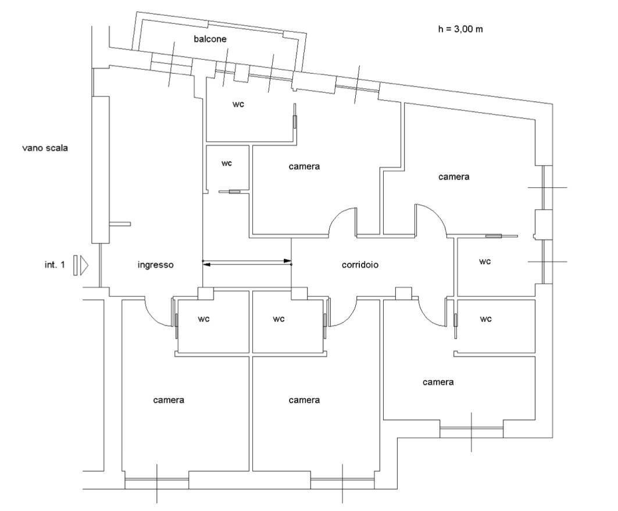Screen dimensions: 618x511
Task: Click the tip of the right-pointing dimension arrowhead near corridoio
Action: pyautogui.click(x=291, y=260)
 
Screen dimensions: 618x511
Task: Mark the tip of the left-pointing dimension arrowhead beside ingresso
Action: pyautogui.click(x=202, y=265)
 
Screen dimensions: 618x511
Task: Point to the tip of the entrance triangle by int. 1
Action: pyautogui.click(x=88, y=265)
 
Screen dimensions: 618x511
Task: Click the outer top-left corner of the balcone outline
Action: pyautogui.click(x=136, y=12)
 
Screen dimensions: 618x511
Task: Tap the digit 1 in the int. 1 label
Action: pyautogui.click(x=62, y=265)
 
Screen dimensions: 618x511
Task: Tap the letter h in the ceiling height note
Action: pyautogui.click(x=441, y=28)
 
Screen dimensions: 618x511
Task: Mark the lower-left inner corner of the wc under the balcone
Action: pyautogui.click(x=208, y=141)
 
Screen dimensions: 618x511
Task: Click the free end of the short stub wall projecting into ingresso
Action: pyautogui.click(x=130, y=224)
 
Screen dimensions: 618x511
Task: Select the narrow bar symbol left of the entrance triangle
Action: pyautogui.click(x=75, y=265)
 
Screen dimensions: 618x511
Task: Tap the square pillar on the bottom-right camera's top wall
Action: pyautogui.click(x=403, y=294)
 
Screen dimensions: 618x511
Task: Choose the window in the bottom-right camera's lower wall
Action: pyautogui.click(x=471, y=432)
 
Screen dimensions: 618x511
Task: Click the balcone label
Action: pyautogui.click(x=210, y=39)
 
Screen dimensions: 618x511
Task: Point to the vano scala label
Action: pyautogui.click(x=45, y=148)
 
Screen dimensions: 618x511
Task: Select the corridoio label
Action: pyautogui.click(x=360, y=265)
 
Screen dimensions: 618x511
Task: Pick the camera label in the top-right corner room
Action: pyautogui.click(x=454, y=177)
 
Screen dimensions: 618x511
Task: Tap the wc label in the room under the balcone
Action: pyautogui.click(x=238, y=105)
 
